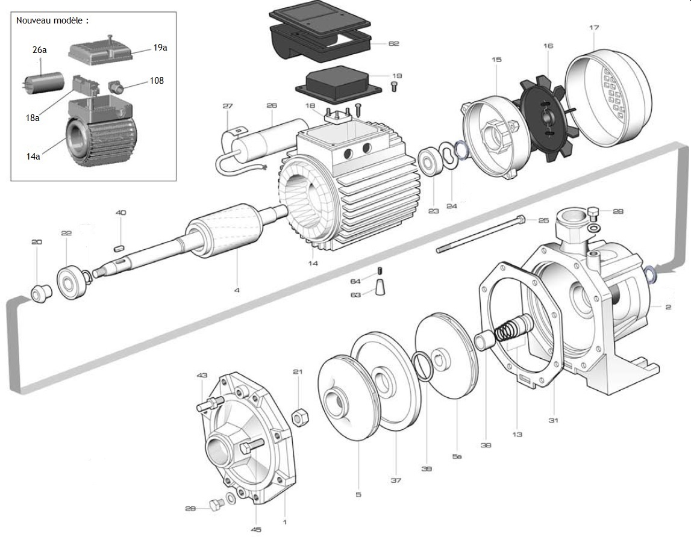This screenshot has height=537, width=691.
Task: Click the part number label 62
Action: coord(393,43)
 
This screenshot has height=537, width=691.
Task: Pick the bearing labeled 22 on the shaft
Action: coord(72,281)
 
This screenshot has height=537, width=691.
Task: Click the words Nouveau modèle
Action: coord(52,20)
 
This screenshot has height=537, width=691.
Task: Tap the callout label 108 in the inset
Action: coord(156,80)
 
